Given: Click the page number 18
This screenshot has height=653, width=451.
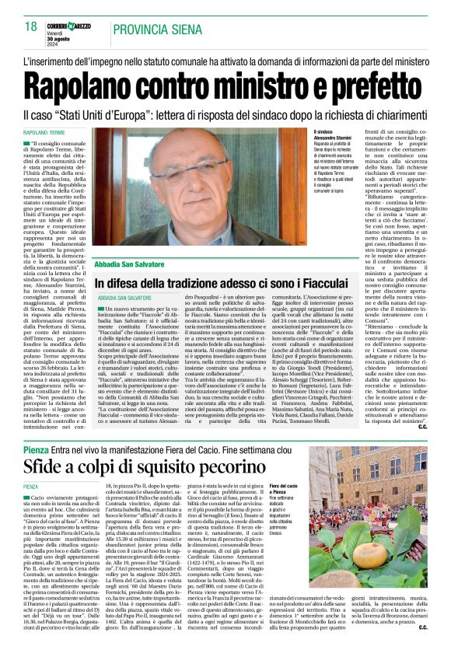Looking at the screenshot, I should (30, 27).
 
